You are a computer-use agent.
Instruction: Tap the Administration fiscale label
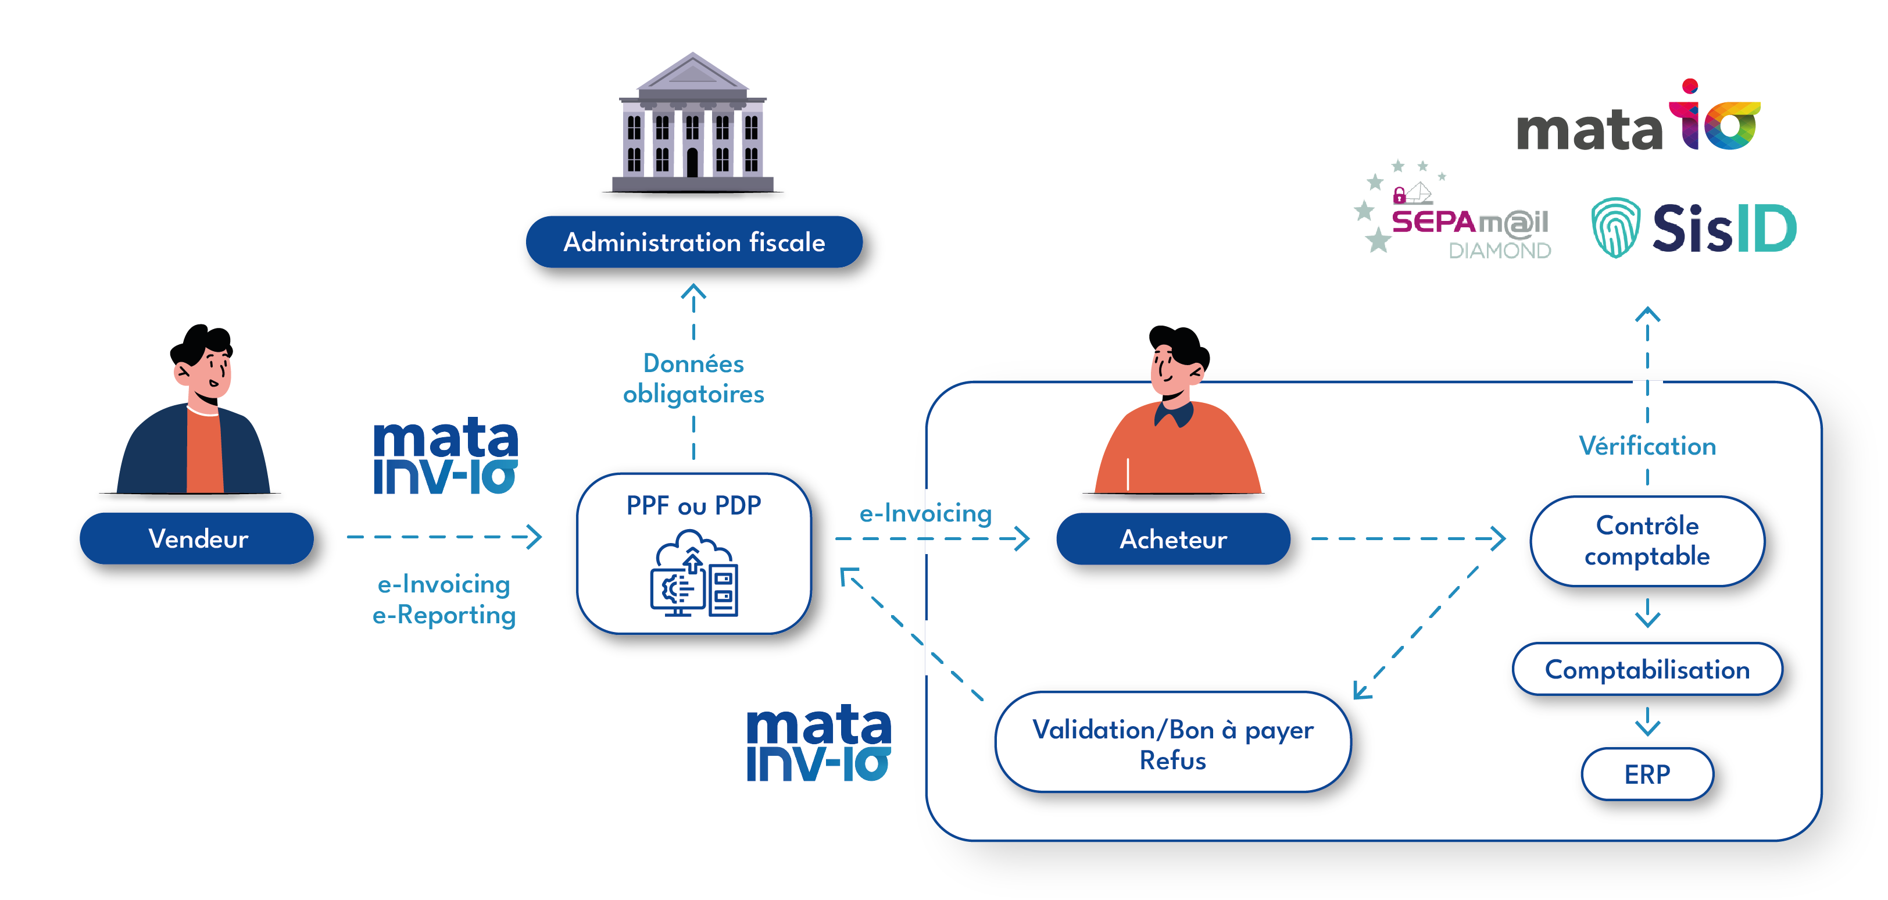(693, 242)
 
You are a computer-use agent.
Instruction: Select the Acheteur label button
(1172, 539)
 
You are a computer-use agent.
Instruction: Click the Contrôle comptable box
(1647, 541)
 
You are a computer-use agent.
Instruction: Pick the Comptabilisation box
(1647, 669)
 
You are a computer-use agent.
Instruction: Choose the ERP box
(1647, 774)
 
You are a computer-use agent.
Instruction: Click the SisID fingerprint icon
(1615, 227)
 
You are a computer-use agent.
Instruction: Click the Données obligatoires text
(693, 379)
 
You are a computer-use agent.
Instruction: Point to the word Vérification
(1647, 445)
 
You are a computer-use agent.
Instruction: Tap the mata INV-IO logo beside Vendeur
(446, 456)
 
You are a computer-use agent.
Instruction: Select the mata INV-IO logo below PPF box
(818, 743)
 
